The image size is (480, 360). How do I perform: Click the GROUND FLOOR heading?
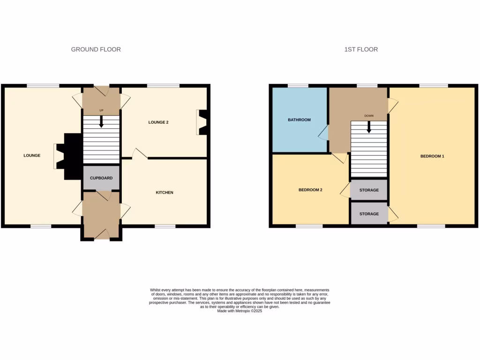(96, 49)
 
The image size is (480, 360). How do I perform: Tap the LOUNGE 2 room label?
(158, 122)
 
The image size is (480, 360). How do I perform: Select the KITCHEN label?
(165, 193)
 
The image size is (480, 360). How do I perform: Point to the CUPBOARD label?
(101, 178)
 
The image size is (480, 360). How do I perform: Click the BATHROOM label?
(299, 120)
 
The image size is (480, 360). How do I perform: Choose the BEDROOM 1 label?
(432, 156)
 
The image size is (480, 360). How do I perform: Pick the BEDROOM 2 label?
(310, 190)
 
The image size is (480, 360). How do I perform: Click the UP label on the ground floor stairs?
(101, 111)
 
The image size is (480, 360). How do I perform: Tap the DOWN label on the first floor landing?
(369, 115)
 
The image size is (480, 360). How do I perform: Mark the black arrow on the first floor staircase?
(369, 127)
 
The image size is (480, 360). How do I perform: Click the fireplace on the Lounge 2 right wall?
(202, 122)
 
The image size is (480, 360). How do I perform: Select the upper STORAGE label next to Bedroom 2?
(369, 190)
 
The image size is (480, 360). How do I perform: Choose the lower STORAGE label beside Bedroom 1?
(369, 214)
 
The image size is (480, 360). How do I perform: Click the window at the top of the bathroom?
(298, 86)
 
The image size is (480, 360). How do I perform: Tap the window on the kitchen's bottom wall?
(165, 226)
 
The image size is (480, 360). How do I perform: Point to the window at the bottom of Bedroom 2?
(309, 226)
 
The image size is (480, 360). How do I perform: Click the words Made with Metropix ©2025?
(240, 311)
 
